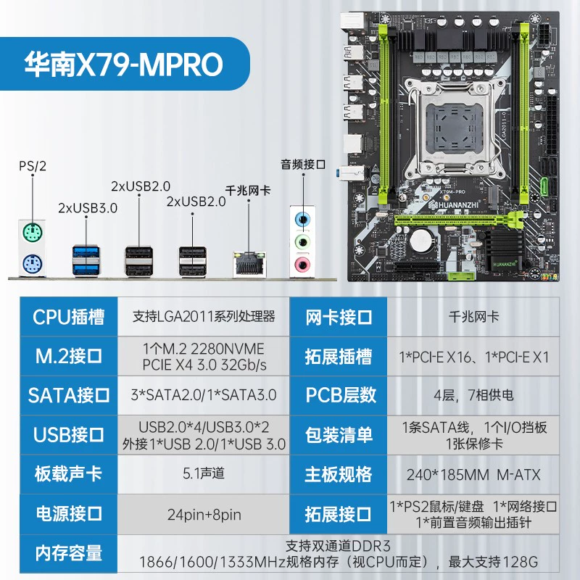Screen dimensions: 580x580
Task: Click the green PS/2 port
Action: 32,233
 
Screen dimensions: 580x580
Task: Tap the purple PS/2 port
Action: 32,265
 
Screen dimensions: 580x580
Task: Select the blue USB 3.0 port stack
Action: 86,260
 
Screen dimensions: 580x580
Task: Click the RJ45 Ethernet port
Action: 249,264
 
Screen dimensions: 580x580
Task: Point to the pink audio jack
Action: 302,265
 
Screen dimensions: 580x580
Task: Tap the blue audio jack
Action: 302,220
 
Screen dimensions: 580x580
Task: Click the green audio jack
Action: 302,242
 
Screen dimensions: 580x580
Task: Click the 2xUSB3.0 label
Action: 88,208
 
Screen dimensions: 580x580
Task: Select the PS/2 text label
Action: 33,166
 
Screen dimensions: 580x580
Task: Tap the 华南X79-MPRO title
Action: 124,65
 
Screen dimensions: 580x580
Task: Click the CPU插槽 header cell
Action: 69,317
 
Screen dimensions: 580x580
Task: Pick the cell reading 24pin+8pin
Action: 204,515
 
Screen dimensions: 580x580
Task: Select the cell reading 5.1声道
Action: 204,473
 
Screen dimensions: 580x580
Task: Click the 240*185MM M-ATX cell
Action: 473,475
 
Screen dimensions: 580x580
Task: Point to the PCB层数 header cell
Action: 339,395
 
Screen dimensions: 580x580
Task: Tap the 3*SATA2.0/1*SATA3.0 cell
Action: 204,395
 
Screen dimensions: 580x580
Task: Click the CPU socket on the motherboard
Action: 455,127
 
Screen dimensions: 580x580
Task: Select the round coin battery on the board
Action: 423,241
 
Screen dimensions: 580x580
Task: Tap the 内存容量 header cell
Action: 69,553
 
